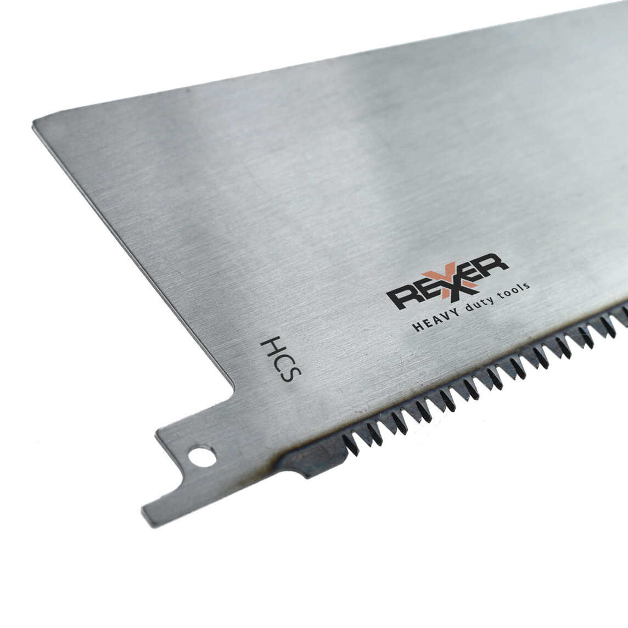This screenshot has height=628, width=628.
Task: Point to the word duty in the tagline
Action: click(x=478, y=304)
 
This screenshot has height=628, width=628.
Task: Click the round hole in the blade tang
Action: click(x=202, y=456)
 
